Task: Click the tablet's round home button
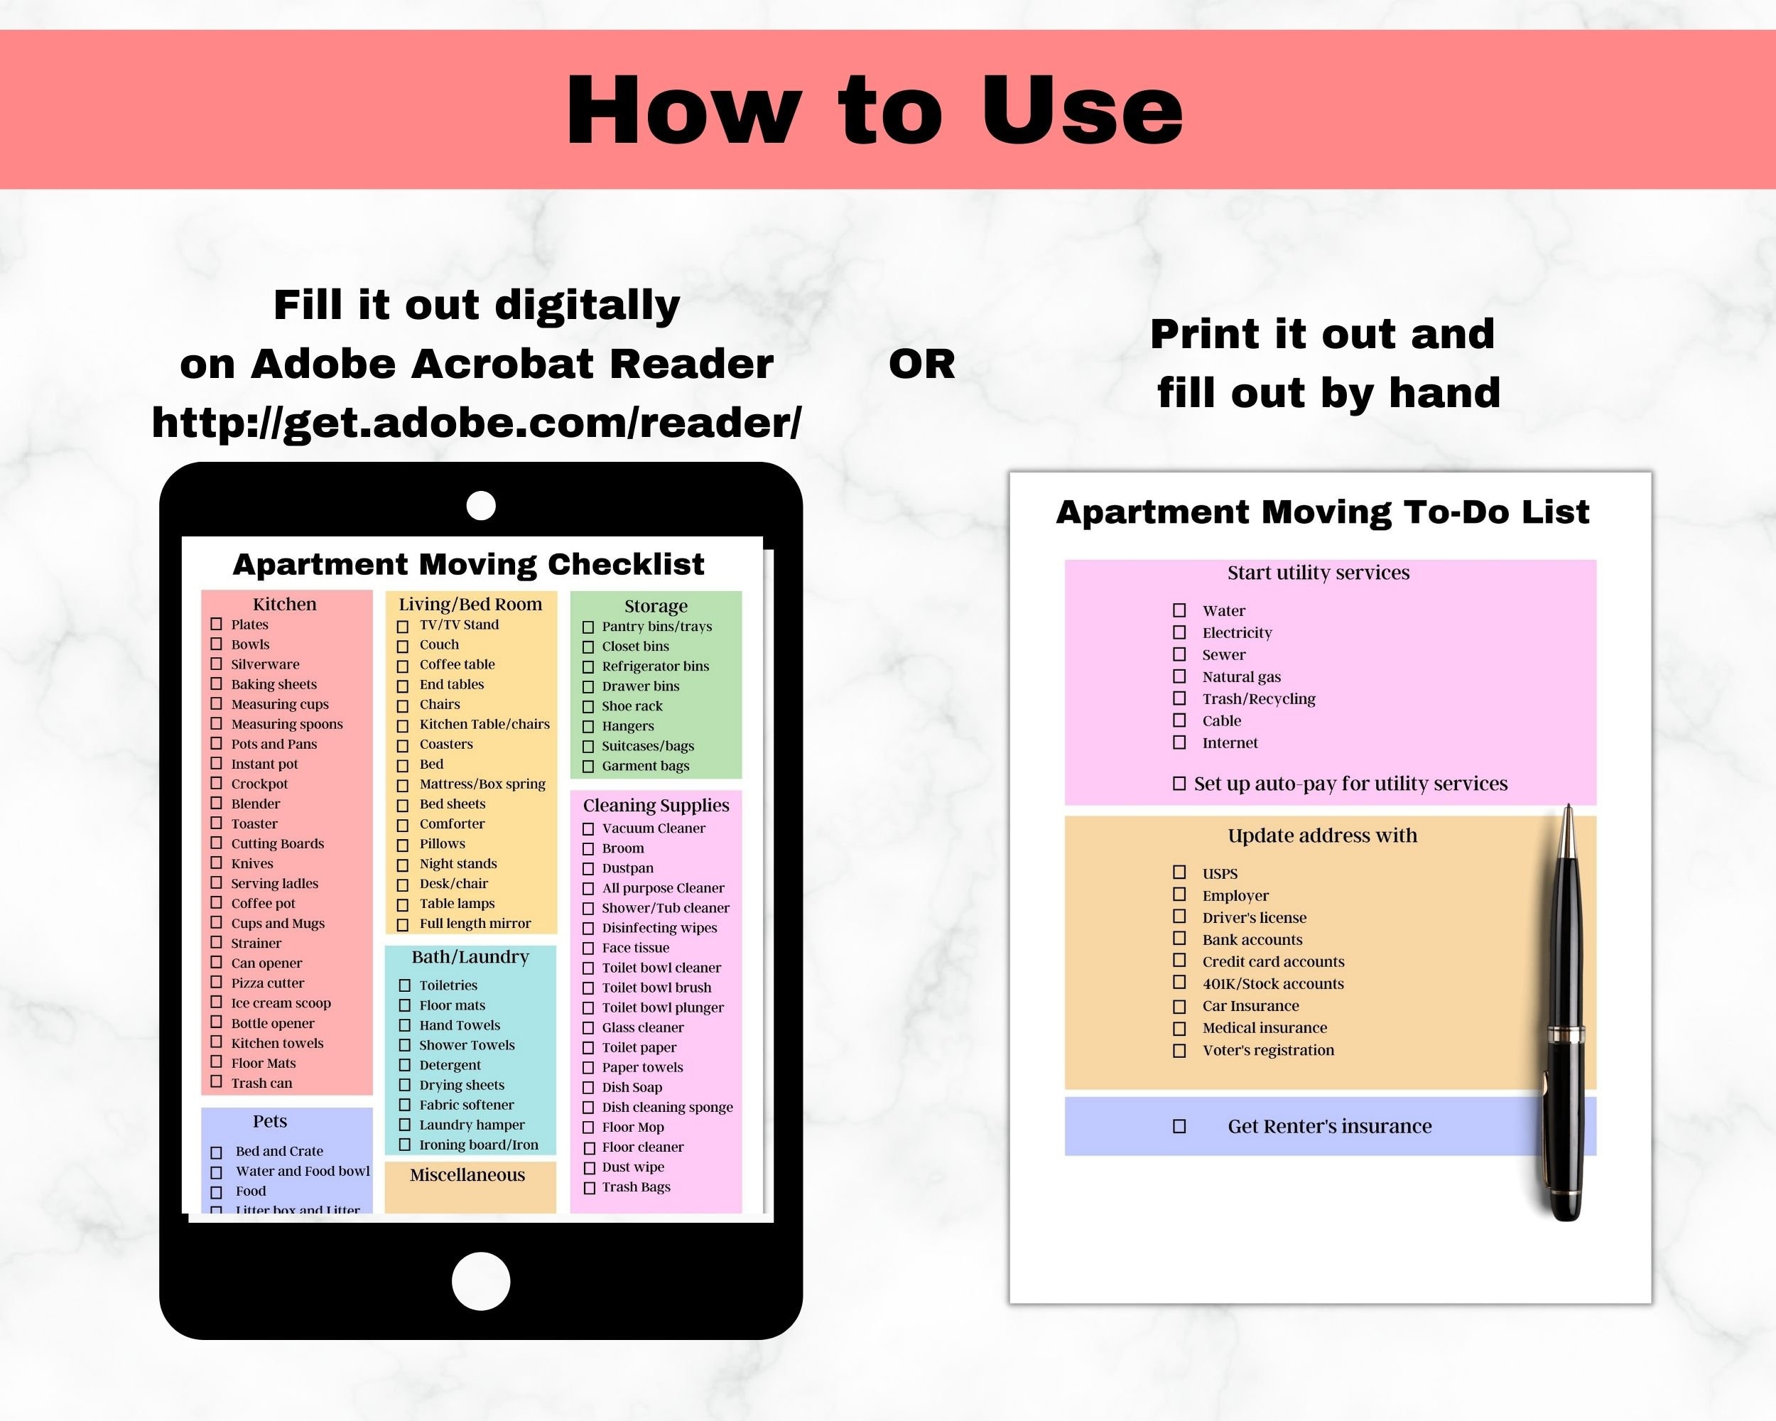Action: [481, 1281]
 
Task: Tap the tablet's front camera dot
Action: [481, 505]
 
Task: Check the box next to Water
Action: [1179, 610]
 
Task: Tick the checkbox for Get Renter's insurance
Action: [1179, 1126]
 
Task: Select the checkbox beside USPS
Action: [1179, 872]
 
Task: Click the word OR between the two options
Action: [922, 364]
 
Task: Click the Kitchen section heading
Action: [284, 604]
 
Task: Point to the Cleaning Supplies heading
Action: [656, 805]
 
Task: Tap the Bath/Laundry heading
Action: [470, 956]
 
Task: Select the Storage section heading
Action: [656, 605]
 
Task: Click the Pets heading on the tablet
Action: [270, 1121]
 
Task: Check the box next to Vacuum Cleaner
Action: [588, 828]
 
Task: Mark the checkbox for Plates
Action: [217, 625]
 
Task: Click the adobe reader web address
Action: [476, 423]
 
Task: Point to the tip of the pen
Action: [1568, 808]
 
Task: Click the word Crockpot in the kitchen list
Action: [259, 784]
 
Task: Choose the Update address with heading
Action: [1322, 836]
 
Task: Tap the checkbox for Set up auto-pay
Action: [1179, 784]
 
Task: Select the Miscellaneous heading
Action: [467, 1174]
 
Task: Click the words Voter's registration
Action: [1268, 1050]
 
